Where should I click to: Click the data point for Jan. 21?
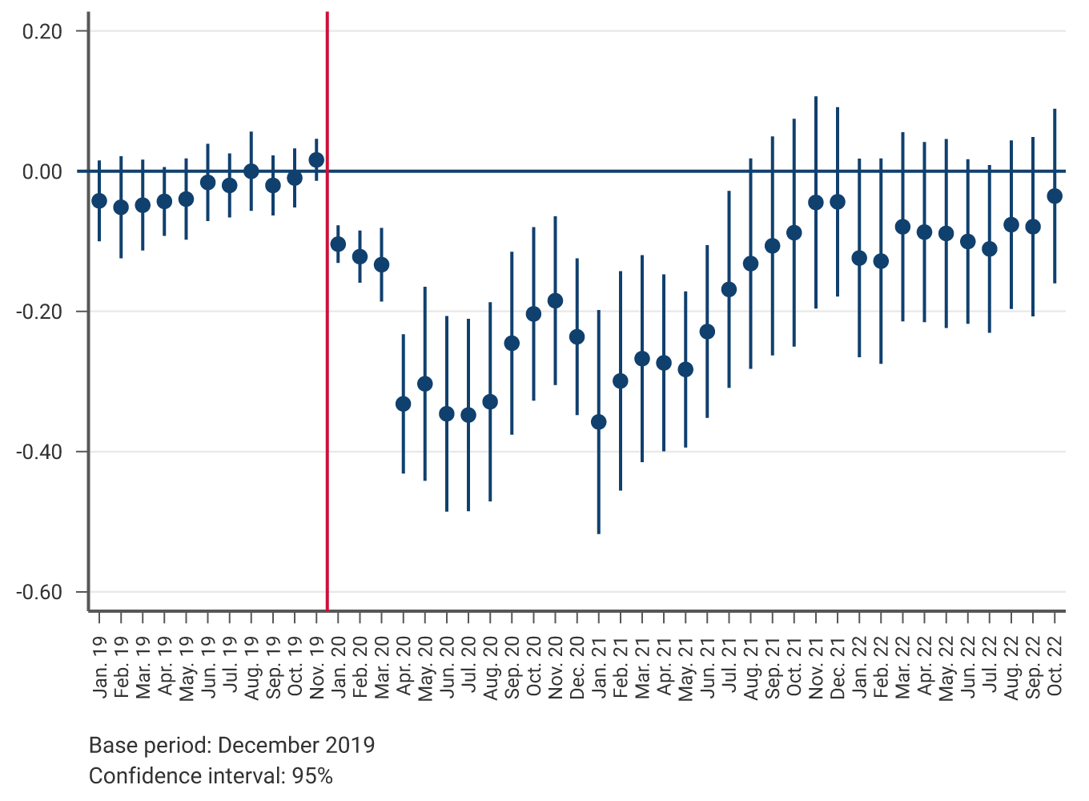click(598, 422)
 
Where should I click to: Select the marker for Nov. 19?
click(316, 160)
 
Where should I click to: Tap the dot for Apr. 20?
click(403, 404)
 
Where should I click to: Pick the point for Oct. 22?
click(1055, 196)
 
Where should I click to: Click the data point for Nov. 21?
click(816, 203)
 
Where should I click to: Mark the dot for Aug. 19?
click(251, 171)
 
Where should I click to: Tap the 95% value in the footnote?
click(312, 776)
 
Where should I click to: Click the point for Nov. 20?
click(555, 301)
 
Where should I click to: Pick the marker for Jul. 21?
click(729, 289)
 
